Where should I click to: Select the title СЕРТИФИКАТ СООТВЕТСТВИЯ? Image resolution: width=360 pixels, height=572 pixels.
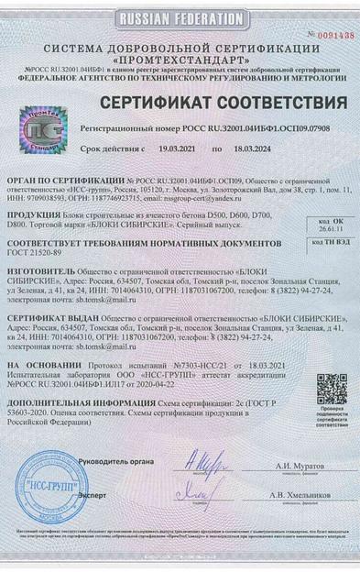point(224,102)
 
